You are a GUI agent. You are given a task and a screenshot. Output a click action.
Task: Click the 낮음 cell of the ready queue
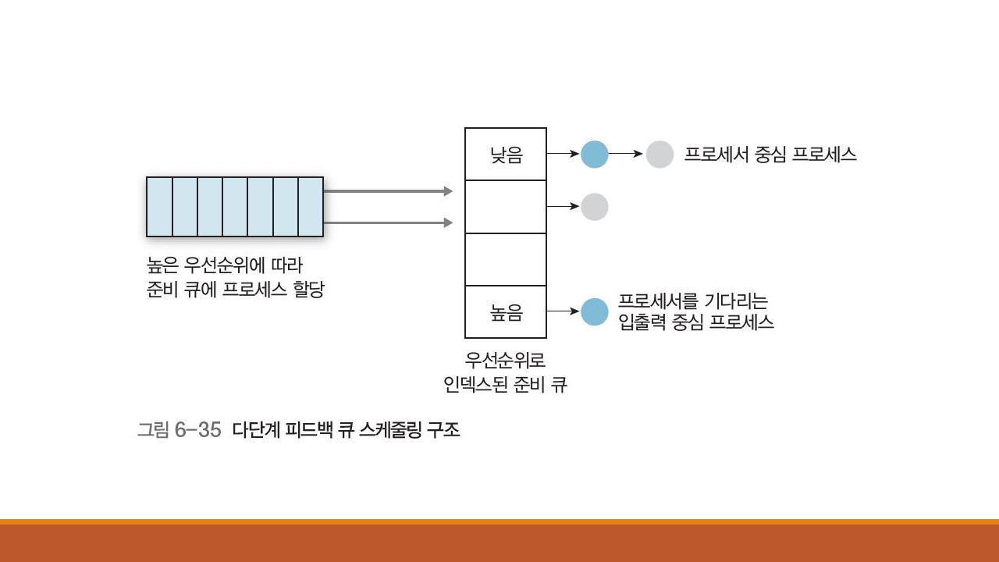(506, 155)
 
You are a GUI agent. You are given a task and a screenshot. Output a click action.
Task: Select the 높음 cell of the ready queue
(506, 313)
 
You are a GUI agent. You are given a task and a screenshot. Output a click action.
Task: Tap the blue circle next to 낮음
(594, 154)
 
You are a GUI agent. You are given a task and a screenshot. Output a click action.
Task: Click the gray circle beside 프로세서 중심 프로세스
(659, 154)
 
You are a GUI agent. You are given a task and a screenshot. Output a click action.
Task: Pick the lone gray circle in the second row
(594, 207)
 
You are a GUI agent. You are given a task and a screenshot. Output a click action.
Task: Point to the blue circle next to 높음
(594, 312)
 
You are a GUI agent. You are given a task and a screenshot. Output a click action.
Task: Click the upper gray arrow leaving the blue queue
(387, 191)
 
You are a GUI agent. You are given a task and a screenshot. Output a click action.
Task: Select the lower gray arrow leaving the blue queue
(387, 222)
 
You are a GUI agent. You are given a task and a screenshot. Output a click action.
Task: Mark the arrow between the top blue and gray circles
(626, 154)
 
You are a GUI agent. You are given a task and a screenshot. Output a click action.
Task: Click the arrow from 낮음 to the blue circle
(563, 154)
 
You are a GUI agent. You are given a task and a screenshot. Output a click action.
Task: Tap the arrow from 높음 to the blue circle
(563, 312)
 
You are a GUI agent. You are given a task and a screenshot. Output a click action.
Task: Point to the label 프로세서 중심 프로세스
(770, 154)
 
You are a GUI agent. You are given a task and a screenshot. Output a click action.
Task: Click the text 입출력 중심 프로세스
(696, 322)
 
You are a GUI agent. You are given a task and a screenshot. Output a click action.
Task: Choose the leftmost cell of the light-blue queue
(159, 207)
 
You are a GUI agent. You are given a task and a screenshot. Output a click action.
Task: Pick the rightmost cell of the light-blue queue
(311, 207)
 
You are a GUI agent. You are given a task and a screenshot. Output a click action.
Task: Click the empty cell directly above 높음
(506, 259)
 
